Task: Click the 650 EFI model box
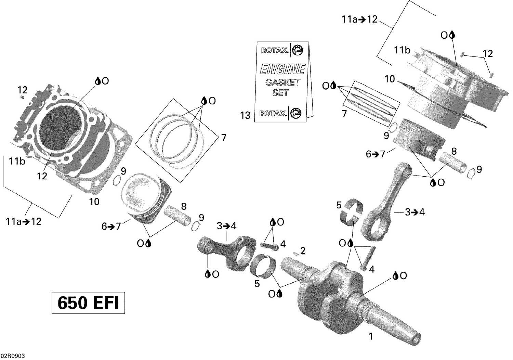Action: point(88,303)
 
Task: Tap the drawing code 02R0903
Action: point(12,356)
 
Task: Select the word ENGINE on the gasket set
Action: point(282,69)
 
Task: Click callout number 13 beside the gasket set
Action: point(245,116)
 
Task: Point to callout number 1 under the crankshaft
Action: point(370,336)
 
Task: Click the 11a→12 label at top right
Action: point(359,20)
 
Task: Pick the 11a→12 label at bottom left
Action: point(23,221)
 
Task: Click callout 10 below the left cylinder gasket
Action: point(94,202)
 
